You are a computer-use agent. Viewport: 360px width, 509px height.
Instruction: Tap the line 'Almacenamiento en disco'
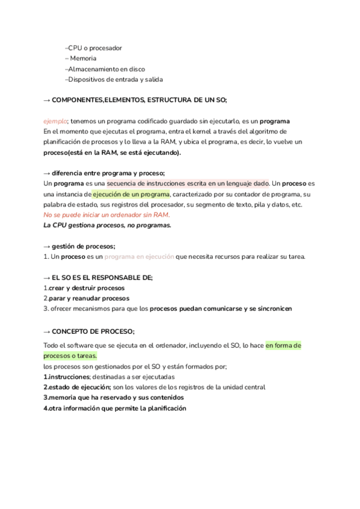[x=106, y=69]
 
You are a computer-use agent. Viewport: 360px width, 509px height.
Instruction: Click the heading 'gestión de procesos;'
[x=83, y=247]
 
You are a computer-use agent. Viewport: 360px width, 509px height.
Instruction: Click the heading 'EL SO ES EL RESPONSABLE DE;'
[x=102, y=278]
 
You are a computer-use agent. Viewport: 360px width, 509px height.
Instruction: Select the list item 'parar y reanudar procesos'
[x=88, y=298]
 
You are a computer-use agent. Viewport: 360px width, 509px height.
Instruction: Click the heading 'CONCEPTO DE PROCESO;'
[x=93, y=331]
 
